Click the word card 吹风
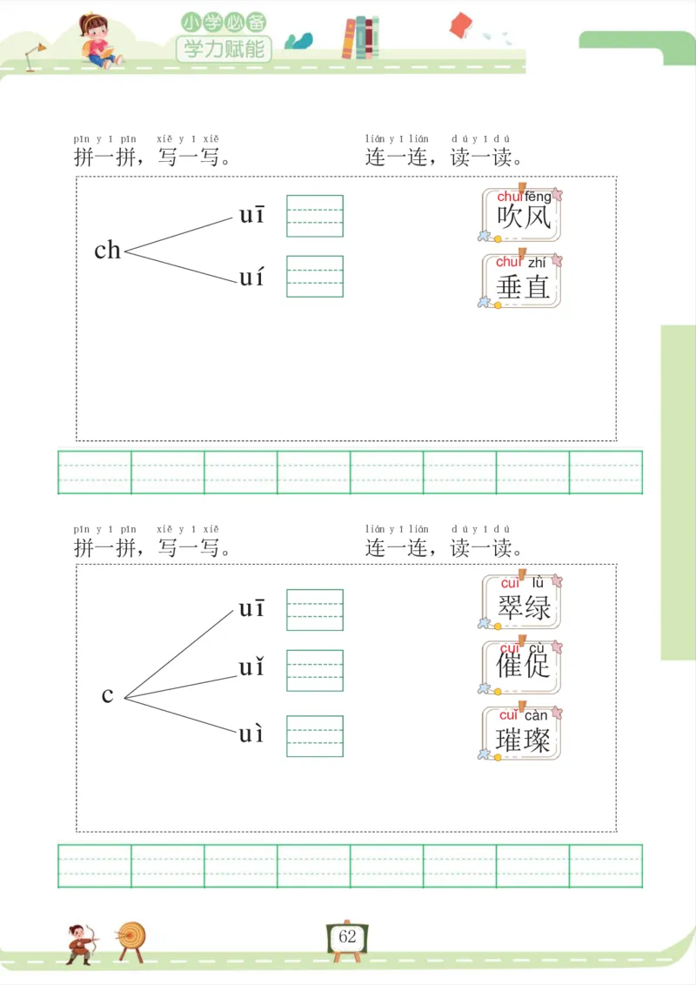point(522,213)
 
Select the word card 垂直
point(522,280)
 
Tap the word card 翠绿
point(522,601)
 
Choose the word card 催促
point(522,667)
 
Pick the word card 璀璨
point(522,733)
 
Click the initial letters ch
point(107,251)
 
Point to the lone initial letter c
point(107,695)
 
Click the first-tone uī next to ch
point(252,215)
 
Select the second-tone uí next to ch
point(252,278)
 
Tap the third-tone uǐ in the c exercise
point(252,668)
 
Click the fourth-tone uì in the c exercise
point(252,734)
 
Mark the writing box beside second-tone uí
point(315,276)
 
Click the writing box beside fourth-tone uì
point(315,735)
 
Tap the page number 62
point(348,937)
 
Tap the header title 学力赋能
point(224,49)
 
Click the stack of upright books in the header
point(361,38)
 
